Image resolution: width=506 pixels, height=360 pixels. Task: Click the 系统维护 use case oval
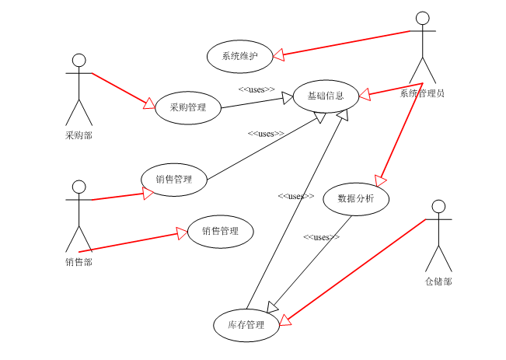click(239, 56)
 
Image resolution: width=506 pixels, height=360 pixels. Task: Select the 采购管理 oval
click(188, 107)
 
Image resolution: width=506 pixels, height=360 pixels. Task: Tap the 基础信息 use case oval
click(326, 96)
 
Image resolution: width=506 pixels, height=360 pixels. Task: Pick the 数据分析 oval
click(356, 198)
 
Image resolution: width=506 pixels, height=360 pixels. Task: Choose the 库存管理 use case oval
click(246, 325)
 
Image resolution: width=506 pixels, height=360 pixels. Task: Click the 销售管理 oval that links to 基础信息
click(174, 180)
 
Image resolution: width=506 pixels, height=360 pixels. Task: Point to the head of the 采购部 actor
click(79, 61)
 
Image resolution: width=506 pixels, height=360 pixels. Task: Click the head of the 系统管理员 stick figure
click(422, 19)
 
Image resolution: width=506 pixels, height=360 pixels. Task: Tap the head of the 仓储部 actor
click(438, 207)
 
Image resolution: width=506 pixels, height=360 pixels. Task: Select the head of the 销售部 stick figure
click(79, 187)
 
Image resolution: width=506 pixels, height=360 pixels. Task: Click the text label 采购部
click(79, 135)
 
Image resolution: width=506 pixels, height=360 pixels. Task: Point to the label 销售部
click(79, 262)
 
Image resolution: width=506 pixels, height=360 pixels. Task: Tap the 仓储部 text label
click(438, 281)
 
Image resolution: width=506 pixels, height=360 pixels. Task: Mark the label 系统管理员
click(422, 93)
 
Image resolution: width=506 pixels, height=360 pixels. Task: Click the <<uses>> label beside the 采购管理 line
click(256, 89)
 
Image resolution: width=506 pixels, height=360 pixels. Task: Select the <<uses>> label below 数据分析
click(321, 237)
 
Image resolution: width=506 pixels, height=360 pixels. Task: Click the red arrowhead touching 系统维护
click(277, 54)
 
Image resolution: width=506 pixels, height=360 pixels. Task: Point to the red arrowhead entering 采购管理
click(149, 103)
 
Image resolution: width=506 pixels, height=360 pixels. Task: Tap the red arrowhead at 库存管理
click(285, 319)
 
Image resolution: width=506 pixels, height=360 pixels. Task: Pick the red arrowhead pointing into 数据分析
click(380, 179)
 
